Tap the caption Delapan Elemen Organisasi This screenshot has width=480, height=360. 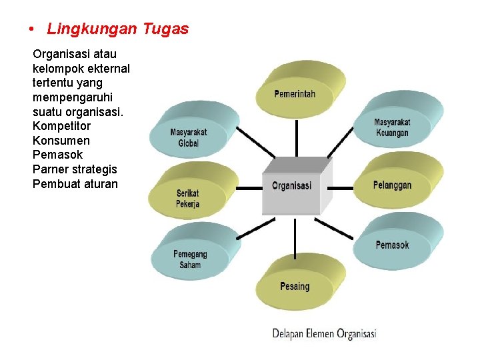tap(325, 333)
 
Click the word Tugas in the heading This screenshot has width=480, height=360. tap(165, 29)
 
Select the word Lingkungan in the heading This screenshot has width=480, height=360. tap(92, 29)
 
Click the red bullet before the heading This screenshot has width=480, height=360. tap(31, 30)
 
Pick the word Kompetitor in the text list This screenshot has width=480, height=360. tap(61, 126)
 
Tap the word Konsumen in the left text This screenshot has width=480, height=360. tap(61, 141)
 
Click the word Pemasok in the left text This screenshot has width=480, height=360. tap(57, 155)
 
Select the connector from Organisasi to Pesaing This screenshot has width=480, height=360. tap(294, 237)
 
